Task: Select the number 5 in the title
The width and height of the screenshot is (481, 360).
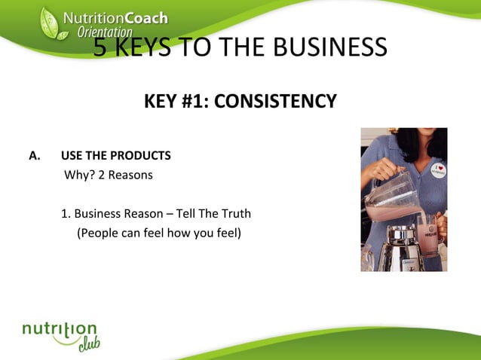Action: point(100,47)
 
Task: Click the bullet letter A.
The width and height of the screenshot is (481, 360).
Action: point(33,156)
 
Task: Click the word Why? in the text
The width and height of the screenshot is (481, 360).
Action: point(78,175)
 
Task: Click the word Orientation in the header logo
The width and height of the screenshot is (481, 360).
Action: point(105,32)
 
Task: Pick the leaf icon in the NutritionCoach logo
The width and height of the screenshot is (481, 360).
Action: point(50,23)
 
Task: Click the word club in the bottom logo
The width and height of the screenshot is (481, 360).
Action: point(88,344)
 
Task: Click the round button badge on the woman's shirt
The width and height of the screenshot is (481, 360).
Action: point(438,166)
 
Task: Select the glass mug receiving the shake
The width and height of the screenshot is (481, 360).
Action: point(427,233)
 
